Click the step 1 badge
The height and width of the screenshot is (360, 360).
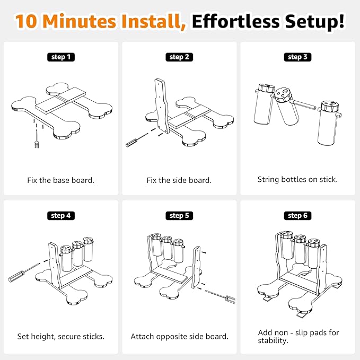pos(61,57)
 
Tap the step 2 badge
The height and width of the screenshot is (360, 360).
pos(179,57)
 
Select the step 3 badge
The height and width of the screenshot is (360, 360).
pos(297,57)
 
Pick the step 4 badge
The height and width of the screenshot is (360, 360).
pos(61,216)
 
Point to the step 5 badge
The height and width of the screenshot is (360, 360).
pos(179,216)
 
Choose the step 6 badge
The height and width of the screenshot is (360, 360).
pos(297,216)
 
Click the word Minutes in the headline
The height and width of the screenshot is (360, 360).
pos(79,21)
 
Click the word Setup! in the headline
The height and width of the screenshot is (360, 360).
pos(314,22)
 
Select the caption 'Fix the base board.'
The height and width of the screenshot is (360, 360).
pos(61,180)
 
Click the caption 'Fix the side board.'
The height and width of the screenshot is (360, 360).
pos(179,180)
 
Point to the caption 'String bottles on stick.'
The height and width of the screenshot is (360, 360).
pos(297,179)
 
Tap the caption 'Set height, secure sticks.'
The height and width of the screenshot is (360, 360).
pos(61,337)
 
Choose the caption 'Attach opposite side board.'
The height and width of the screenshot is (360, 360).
pos(180,337)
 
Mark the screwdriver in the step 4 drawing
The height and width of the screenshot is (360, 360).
pos(24,273)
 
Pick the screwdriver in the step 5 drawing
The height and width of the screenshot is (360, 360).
pos(221,297)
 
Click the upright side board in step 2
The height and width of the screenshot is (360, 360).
pos(162,106)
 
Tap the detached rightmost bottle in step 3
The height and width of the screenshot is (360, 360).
pos(329,122)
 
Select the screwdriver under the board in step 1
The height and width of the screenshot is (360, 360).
pos(37,139)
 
